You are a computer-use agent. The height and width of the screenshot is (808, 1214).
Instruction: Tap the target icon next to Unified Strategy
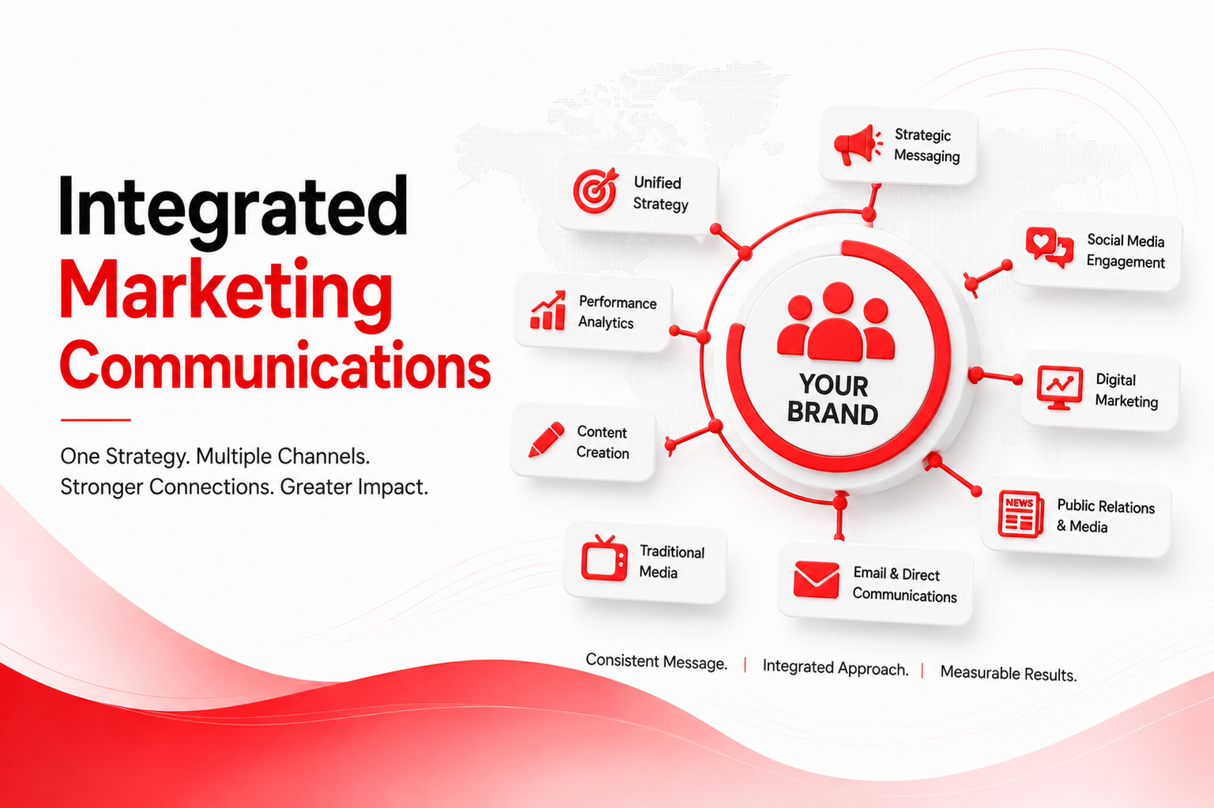coord(596,190)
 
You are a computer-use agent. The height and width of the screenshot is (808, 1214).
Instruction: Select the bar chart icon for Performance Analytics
coord(548,310)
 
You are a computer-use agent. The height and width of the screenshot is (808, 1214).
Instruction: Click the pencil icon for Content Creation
coord(547,439)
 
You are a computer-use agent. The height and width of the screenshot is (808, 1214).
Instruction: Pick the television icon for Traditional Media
coord(604,558)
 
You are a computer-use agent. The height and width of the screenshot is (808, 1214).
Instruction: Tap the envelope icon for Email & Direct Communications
coord(816,580)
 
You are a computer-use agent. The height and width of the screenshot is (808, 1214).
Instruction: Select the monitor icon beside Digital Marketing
coord(1059,388)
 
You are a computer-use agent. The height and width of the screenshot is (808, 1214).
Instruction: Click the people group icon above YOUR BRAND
coord(836,322)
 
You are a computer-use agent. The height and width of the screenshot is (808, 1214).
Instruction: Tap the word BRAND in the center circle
coord(833,413)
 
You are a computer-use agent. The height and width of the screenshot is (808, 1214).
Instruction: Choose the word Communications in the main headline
coord(276,364)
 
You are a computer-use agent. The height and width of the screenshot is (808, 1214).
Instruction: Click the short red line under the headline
coord(96,419)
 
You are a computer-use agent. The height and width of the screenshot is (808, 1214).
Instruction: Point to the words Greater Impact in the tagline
coord(354,487)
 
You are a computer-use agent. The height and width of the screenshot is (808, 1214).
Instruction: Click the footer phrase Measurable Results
coord(1009,673)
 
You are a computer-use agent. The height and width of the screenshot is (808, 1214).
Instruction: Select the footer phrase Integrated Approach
coord(836,667)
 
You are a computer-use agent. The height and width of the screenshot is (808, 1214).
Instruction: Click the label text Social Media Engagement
coord(1126,251)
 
